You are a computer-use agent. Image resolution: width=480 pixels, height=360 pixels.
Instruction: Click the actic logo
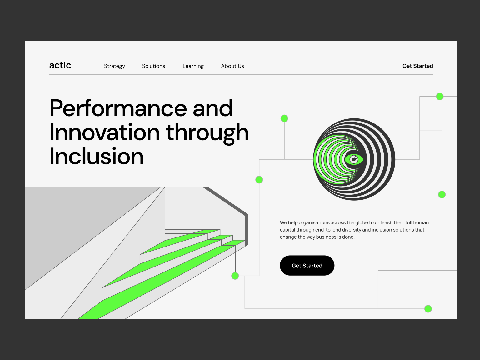click(60, 65)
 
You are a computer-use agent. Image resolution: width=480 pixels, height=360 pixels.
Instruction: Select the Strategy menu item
click(114, 66)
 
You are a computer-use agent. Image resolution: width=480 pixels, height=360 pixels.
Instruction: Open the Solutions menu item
click(153, 66)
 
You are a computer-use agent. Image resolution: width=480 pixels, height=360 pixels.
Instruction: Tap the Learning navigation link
click(193, 66)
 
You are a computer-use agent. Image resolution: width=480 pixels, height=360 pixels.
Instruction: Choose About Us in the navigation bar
click(232, 66)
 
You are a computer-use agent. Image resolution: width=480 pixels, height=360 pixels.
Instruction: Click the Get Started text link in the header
click(417, 66)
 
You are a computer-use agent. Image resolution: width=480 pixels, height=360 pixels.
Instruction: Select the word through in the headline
click(207, 132)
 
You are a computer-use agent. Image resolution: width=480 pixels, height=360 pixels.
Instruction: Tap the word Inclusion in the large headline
click(97, 156)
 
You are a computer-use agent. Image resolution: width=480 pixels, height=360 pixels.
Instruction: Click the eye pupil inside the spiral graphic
click(354, 159)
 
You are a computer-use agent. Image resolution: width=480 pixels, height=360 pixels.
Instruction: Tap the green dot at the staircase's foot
click(235, 276)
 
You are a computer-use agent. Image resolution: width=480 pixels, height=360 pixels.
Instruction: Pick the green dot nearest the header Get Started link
click(440, 97)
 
